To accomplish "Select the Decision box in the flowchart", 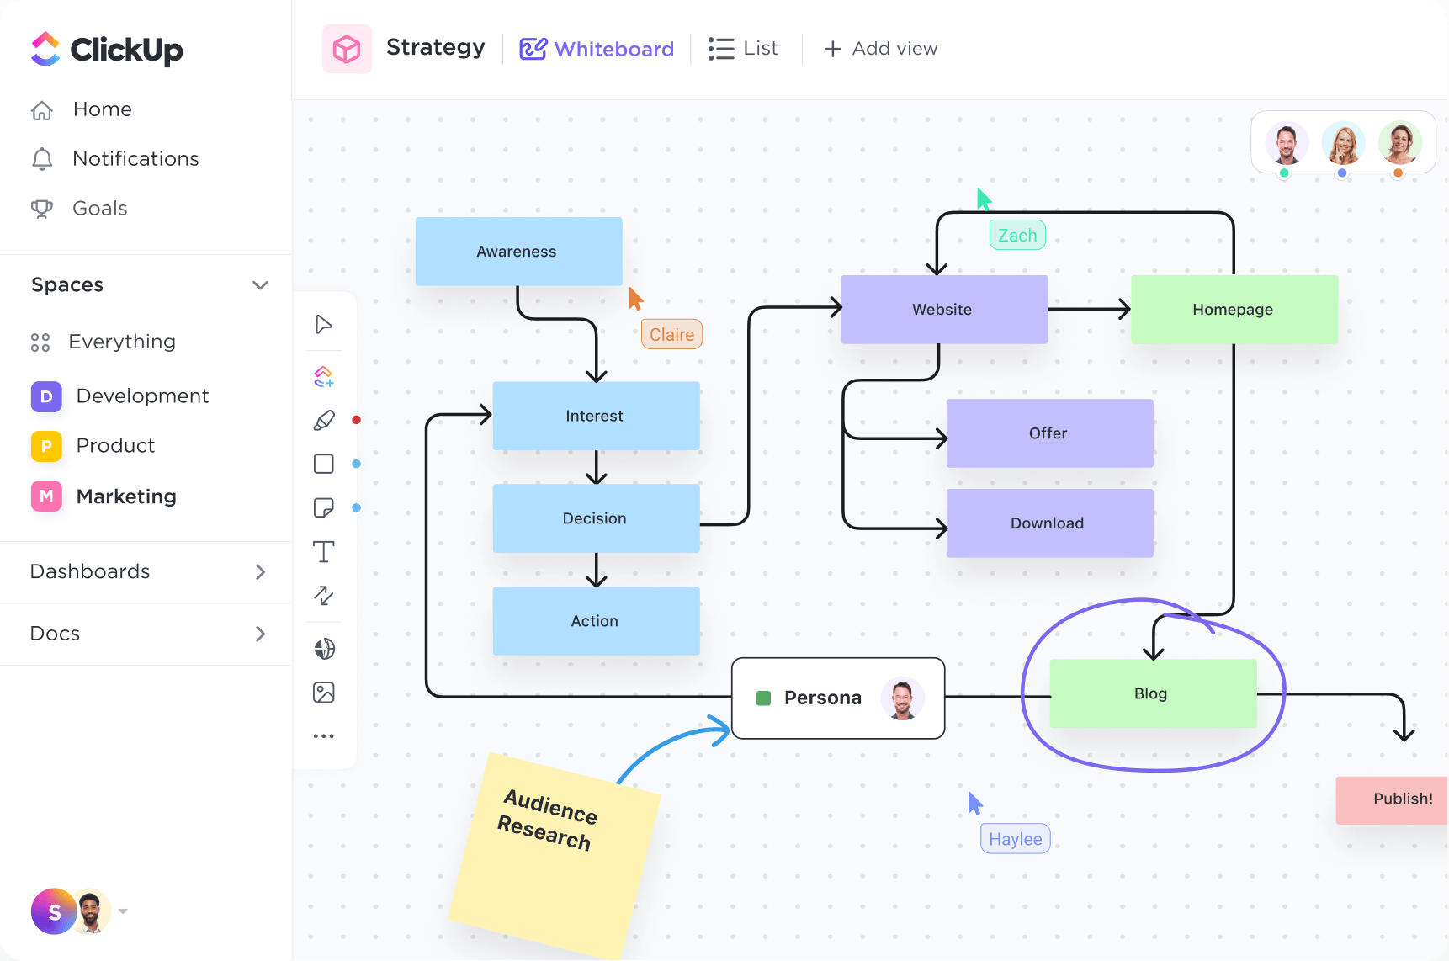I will (x=595, y=518).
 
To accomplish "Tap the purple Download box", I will (x=1048, y=523).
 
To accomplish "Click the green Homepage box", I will (x=1233, y=310).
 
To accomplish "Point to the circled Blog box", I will (x=1152, y=693).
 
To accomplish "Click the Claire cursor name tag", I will (x=671, y=335).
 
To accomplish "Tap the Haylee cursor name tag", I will (x=1015, y=839).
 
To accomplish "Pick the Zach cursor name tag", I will (x=1017, y=236).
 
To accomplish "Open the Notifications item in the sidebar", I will (x=135, y=159).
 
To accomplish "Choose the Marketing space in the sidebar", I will (x=126, y=496).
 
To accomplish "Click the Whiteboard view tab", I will (x=597, y=49).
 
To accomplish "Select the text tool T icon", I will (x=324, y=552).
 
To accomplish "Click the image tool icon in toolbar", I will (x=324, y=693).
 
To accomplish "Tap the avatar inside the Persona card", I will (x=902, y=698).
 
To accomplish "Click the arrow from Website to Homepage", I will (x=1089, y=309).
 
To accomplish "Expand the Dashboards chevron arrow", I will (x=260, y=572).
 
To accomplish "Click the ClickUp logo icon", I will (x=45, y=49).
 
